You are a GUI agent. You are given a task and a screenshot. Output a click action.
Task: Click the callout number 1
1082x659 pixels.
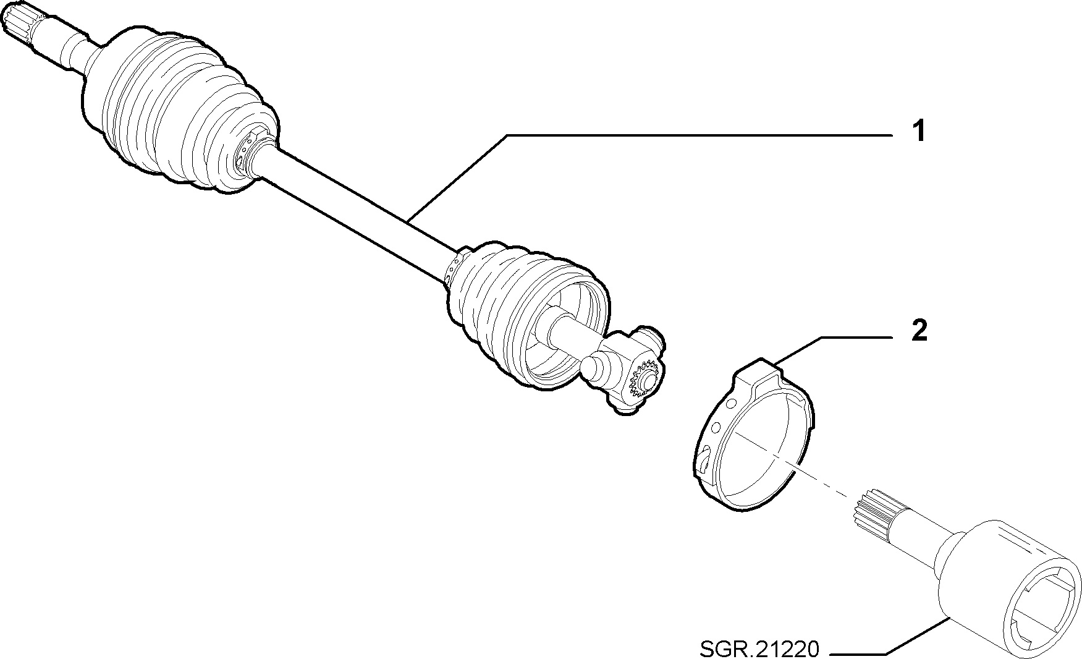pos(919,132)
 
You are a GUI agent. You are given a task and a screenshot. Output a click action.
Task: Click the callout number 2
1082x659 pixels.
pos(919,331)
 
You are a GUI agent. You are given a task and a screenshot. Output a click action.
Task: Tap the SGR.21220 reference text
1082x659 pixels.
pos(759,648)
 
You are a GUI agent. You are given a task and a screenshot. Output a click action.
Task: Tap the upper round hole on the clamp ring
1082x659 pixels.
pos(732,404)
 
